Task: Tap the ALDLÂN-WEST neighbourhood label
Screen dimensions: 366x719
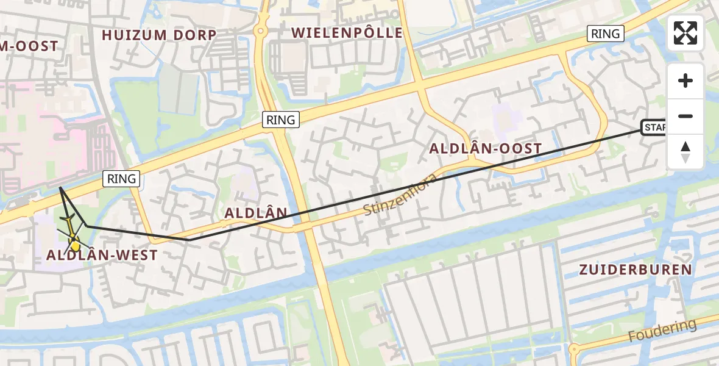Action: click(102, 256)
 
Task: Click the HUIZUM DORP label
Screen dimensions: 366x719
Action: click(159, 35)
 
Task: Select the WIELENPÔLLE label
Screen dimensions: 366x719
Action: click(347, 33)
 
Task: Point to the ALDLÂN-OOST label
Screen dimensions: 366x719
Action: click(485, 148)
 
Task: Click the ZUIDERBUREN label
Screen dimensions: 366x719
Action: click(636, 270)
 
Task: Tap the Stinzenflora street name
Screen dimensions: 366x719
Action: click(400, 196)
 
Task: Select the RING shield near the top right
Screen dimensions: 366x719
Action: click(605, 34)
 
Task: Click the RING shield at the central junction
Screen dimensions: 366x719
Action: click(281, 120)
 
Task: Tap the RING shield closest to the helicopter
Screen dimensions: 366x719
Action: click(122, 179)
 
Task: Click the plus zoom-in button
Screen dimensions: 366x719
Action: click(685, 81)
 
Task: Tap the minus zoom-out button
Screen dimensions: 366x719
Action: click(685, 116)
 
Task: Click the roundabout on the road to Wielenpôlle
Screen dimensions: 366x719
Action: click(262, 30)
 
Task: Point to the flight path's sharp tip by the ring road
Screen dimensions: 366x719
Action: click(60, 188)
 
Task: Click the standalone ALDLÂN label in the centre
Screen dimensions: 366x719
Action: click(255, 213)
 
